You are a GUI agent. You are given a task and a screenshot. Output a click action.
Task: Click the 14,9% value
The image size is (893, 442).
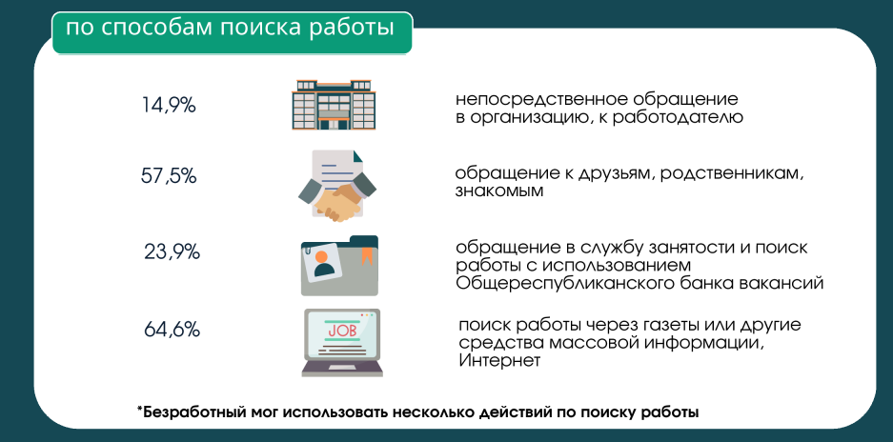[169, 106]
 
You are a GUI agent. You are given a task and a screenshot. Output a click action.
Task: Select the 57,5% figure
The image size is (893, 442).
[169, 176]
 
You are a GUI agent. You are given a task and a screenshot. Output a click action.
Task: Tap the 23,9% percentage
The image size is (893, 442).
[172, 251]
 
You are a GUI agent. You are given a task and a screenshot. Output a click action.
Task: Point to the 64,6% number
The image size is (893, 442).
[172, 330]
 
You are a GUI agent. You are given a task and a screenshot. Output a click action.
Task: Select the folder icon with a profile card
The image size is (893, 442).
[339, 266]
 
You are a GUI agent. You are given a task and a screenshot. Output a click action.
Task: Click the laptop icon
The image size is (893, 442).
[342, 342]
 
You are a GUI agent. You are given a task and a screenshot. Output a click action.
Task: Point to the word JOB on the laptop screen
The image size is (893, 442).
[341, 330]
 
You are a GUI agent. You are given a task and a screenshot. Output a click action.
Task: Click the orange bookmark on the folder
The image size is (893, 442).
[366, 254]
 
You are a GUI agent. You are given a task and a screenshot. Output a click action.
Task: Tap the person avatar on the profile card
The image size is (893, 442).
[323, 263]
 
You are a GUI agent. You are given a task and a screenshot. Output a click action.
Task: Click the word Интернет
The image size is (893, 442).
[498, 361]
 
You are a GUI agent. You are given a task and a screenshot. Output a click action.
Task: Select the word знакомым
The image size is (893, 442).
[499, 191]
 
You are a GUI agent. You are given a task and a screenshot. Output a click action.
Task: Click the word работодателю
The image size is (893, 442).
[678, 118]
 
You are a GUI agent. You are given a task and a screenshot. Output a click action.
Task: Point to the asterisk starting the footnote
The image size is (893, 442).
[139, 408]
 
